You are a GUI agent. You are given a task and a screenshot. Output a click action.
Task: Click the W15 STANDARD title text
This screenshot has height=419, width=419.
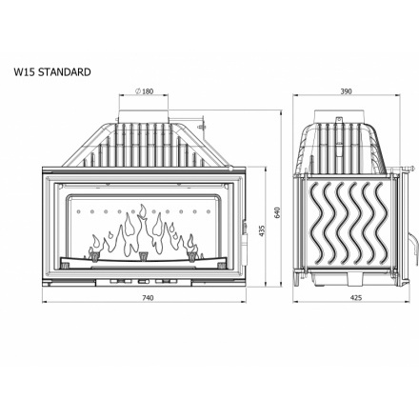pyautogui.click(x=52, y=72)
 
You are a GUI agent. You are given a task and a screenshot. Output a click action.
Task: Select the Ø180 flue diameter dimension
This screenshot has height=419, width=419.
pyautogui.click(x=144, y=91)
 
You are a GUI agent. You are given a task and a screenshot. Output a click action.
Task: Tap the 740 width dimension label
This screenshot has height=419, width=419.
pyautogui.click(x=148, y=298)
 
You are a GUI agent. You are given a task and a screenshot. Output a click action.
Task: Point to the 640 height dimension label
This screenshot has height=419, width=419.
pyautogui.click(x=277, y=212)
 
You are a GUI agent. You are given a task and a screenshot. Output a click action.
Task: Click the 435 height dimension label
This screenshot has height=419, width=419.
pyautogui.click(x=262, y=230)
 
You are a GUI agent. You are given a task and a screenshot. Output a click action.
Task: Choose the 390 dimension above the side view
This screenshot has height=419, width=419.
pyautogui.click(x=347, y=91)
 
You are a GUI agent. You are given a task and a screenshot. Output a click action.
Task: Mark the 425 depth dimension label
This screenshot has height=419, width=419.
pyautogui.click(x=356, y=298)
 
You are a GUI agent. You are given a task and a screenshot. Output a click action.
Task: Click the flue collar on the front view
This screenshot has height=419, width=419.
pyautogui.click(x=144, y=115)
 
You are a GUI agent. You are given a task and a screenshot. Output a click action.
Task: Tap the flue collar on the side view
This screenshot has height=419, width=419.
pyautogui.click(x=339, y=115)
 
